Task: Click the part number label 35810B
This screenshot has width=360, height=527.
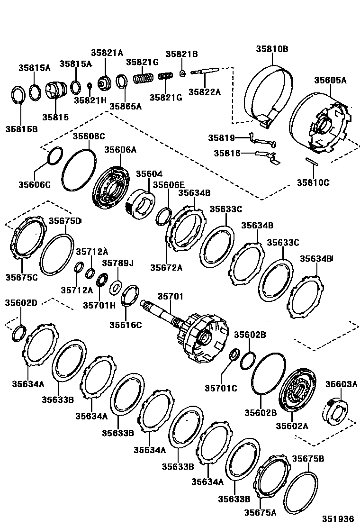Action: coord(272,49)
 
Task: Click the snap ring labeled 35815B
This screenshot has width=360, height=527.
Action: coord(18,95)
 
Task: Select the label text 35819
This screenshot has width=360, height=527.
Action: coord(221,138)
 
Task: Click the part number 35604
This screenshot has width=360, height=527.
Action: coord(149,174)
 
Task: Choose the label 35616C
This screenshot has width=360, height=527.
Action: coord(126,325)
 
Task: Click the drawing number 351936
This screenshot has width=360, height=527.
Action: coord(339,518)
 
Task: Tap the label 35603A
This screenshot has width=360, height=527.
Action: coord(341,384)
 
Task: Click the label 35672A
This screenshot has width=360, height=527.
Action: coord(166,267)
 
